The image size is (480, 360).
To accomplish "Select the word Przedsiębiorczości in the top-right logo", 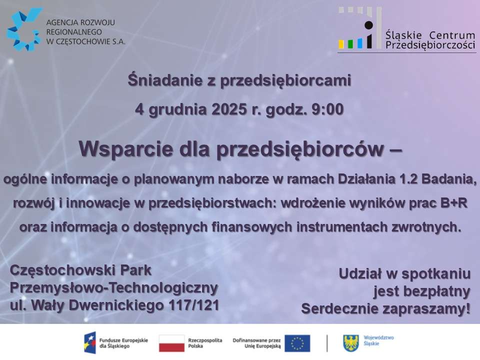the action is coord(430,45).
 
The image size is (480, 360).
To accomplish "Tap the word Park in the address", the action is coord(135,270).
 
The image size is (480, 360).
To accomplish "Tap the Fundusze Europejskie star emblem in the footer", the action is coord(90,342).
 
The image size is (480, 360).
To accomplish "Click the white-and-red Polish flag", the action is coord(171,343).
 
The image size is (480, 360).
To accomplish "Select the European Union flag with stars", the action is coord(297,343).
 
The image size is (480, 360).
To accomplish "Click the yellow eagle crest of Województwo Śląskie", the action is coord(351,343).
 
